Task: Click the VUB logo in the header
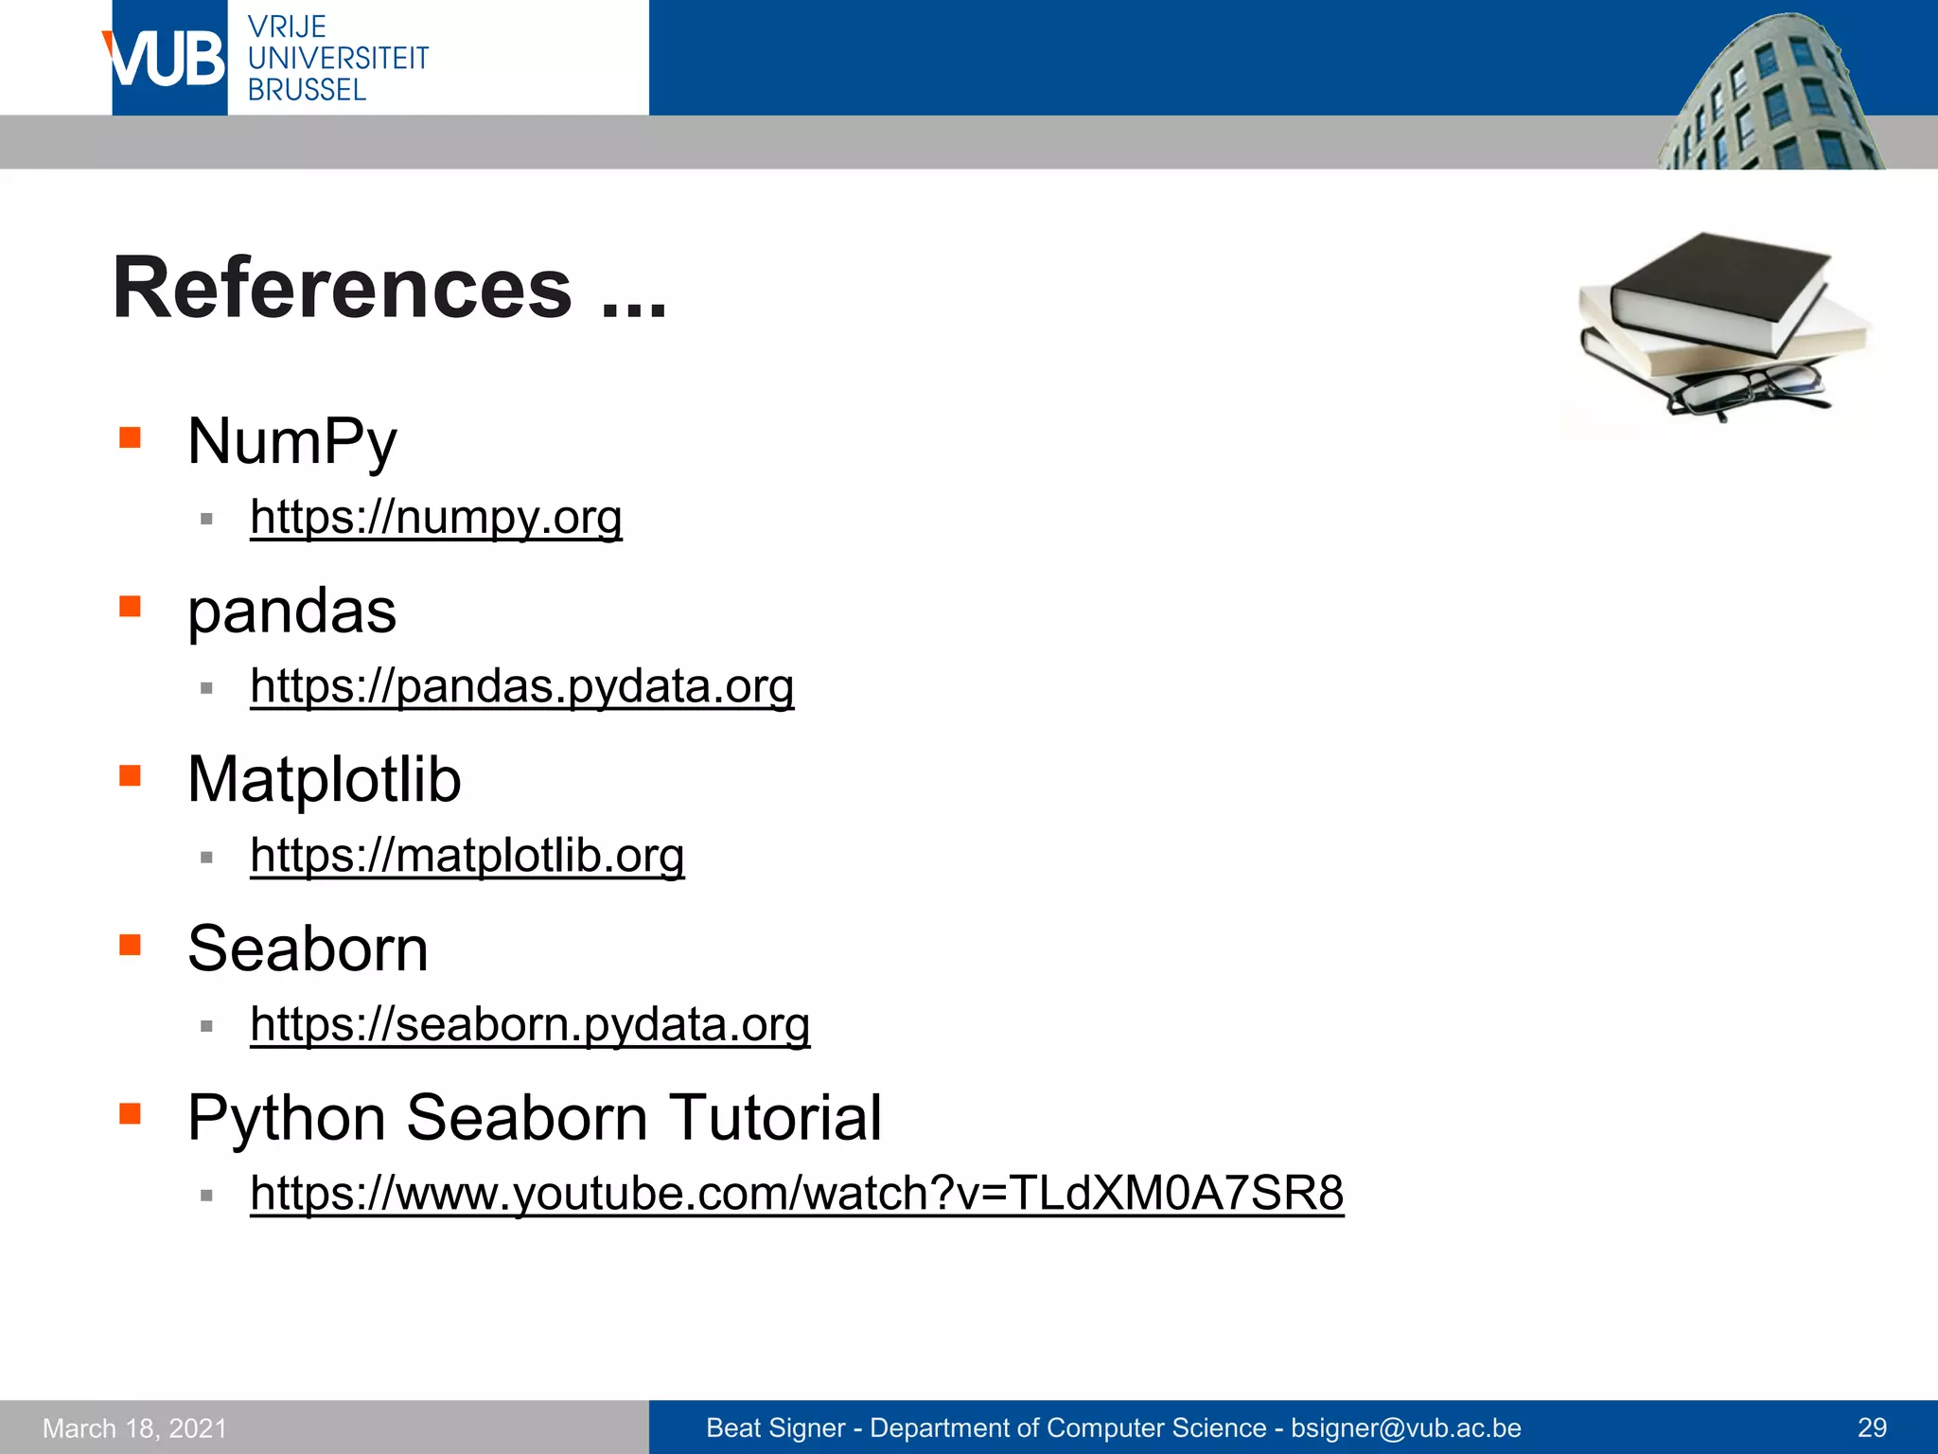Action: [168, 59]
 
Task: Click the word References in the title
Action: [342, 288]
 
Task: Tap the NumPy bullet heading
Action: [291, 441]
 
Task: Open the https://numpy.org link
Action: [435, 518]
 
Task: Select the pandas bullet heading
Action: [291, 611]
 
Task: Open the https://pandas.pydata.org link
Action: [521, 686]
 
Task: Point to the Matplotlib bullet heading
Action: [324, 780]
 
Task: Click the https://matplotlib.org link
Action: [467, 856]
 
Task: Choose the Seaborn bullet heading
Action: [308, 949]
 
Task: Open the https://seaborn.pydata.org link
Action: [530, 1024]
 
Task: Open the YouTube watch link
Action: [797, 1193]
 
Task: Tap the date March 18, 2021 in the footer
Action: [135, 1427]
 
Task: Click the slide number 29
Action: [1872, 1427]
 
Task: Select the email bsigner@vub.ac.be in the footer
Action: [1405, 1427]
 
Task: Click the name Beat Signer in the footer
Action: [775, 1427]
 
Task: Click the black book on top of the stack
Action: [1718, 289]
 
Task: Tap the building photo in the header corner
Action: [1770, 95]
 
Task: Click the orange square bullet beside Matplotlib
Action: [130, 775]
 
